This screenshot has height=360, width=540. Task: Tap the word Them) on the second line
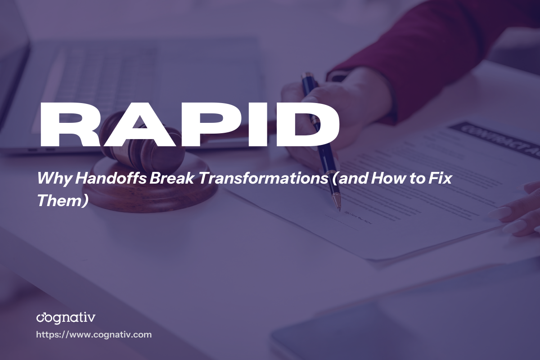coord(61,200)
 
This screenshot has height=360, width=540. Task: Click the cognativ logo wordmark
coord(66,318)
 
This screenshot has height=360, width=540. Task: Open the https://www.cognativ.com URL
coord(94,335)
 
